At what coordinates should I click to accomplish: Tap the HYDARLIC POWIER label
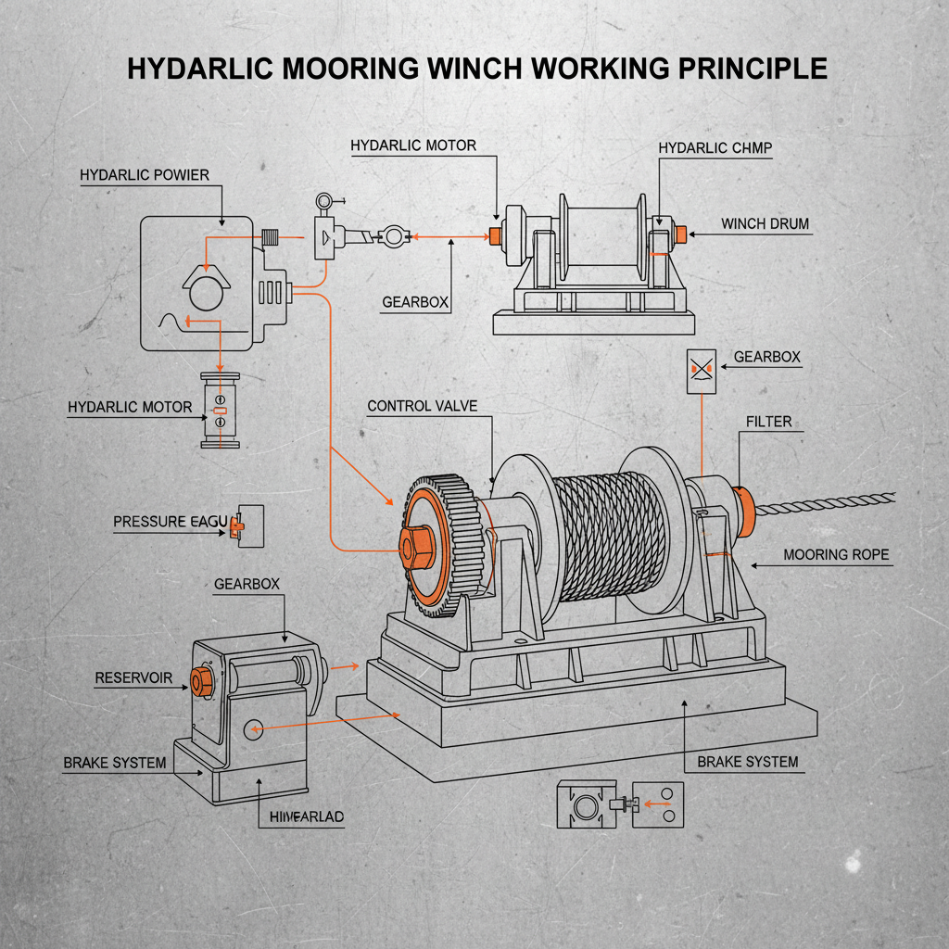click(145, 175)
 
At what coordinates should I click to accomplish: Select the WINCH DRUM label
click(765, 224)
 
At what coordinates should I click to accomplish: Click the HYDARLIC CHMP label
click(715, 148)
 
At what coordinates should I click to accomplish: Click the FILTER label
click(768, 422)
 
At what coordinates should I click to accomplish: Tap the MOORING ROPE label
click(836, 555)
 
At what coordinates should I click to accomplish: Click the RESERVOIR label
click(133, 678)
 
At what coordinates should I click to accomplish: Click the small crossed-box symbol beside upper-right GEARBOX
click(701, 371)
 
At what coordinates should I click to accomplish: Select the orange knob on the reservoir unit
click(198, 680)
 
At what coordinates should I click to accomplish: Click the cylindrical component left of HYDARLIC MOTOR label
click(221, 411)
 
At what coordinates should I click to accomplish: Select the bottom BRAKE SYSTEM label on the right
click(747, 762)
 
